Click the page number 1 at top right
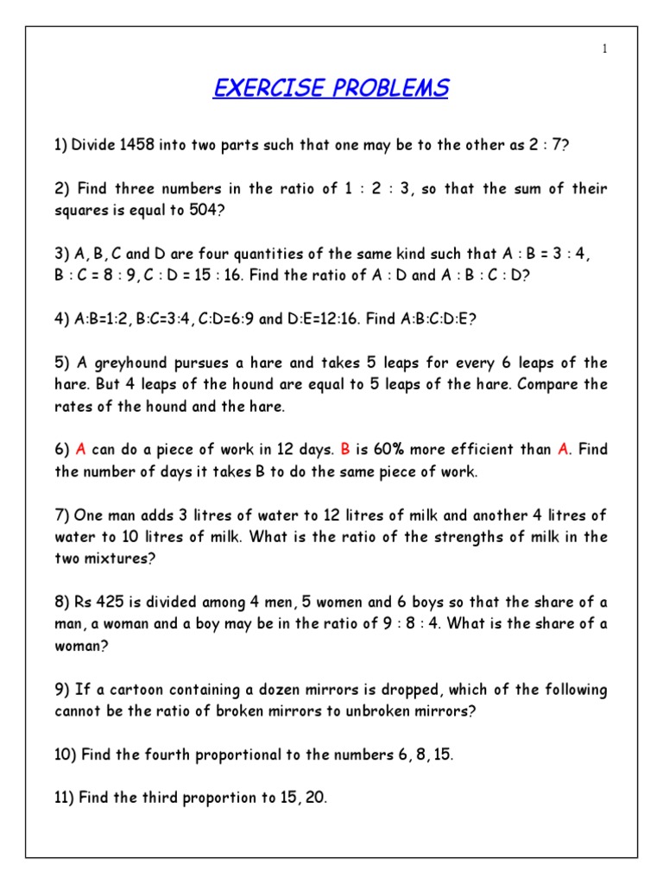click(x=605, y=48)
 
